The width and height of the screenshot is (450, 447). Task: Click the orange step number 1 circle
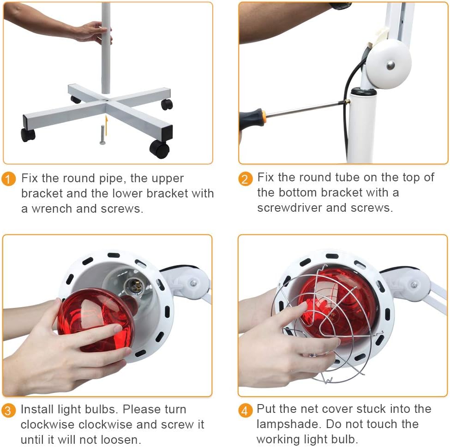(x=8, y=179)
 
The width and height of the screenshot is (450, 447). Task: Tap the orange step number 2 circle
(x=246, y=179)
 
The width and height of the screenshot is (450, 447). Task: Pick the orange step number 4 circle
(x=246, y=411)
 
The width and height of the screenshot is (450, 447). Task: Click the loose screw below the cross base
(x=102, y=135)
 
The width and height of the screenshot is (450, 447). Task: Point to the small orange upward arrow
(x=107, y=125)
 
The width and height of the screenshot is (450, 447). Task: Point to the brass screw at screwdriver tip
(x=347, y=101)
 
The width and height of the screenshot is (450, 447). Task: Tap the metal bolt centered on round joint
(x=390, y=65)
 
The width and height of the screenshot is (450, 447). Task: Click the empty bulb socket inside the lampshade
(x=135, y=286)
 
